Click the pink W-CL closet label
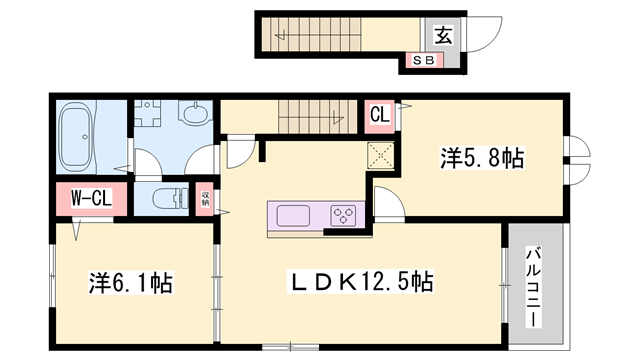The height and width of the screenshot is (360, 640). pyautogui.click(x=89, y=198)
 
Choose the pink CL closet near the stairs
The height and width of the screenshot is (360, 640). pyautogui.click(x=380, y=114)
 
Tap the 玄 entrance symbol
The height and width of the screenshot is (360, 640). pyautogui.click(x=441, y=36)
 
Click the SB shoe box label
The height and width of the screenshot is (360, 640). pyautogui.click(x=422, y=60)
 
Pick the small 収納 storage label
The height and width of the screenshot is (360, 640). pyautogui.click(x=205, y=199)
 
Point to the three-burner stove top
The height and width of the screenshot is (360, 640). pyautogui.click(x=343, y=215)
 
